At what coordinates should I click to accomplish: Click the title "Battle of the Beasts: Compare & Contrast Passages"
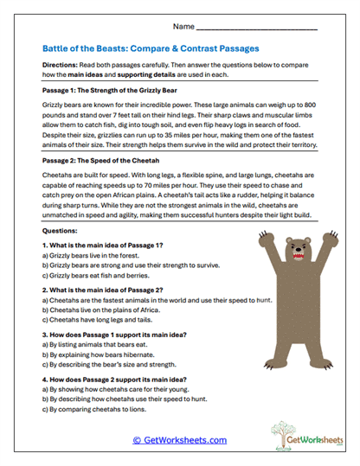pos(151,49)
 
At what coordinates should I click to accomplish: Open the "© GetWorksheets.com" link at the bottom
pos(179,440)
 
